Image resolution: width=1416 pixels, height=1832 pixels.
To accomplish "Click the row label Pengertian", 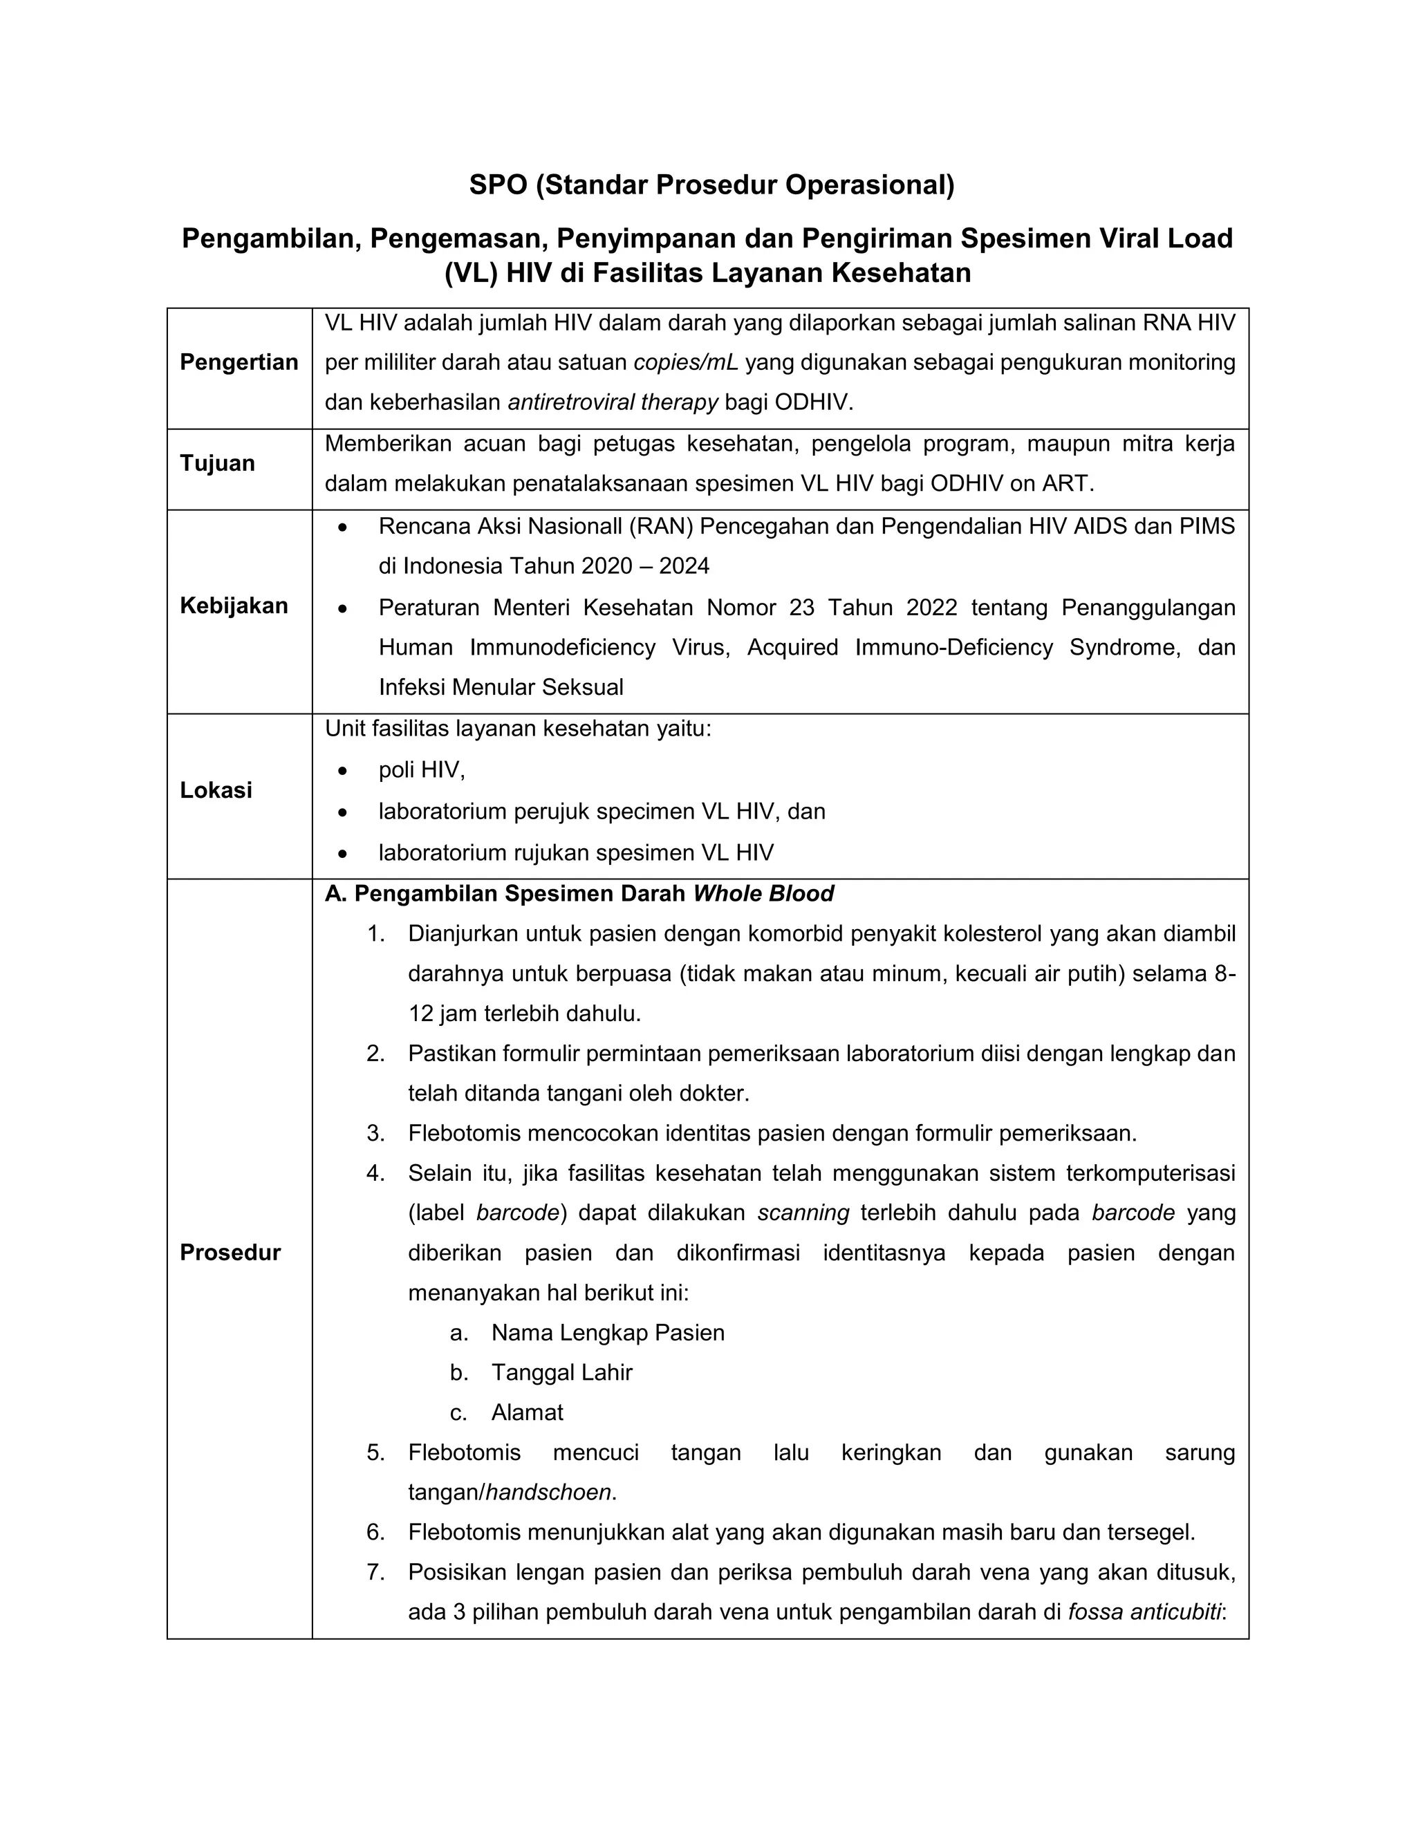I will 239,362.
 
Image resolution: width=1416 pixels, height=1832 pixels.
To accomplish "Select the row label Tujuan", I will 217,463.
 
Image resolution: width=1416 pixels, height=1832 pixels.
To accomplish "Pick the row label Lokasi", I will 216,790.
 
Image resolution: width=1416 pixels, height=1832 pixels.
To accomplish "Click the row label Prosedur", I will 230,1253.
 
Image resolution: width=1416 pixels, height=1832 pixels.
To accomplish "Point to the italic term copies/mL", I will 685,362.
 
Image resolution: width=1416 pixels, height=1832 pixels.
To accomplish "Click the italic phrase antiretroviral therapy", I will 613,402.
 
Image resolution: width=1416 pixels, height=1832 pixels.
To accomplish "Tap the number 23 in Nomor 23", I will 801,607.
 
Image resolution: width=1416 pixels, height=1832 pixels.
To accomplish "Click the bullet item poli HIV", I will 421,770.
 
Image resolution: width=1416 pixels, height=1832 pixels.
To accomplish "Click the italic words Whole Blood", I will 763,893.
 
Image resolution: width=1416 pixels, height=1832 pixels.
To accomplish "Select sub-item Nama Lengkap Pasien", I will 607,1333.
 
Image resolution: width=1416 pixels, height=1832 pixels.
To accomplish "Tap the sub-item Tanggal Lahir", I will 561,1372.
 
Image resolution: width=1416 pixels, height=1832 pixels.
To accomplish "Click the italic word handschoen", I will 548,1493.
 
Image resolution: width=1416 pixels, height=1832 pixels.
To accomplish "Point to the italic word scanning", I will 803,1213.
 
